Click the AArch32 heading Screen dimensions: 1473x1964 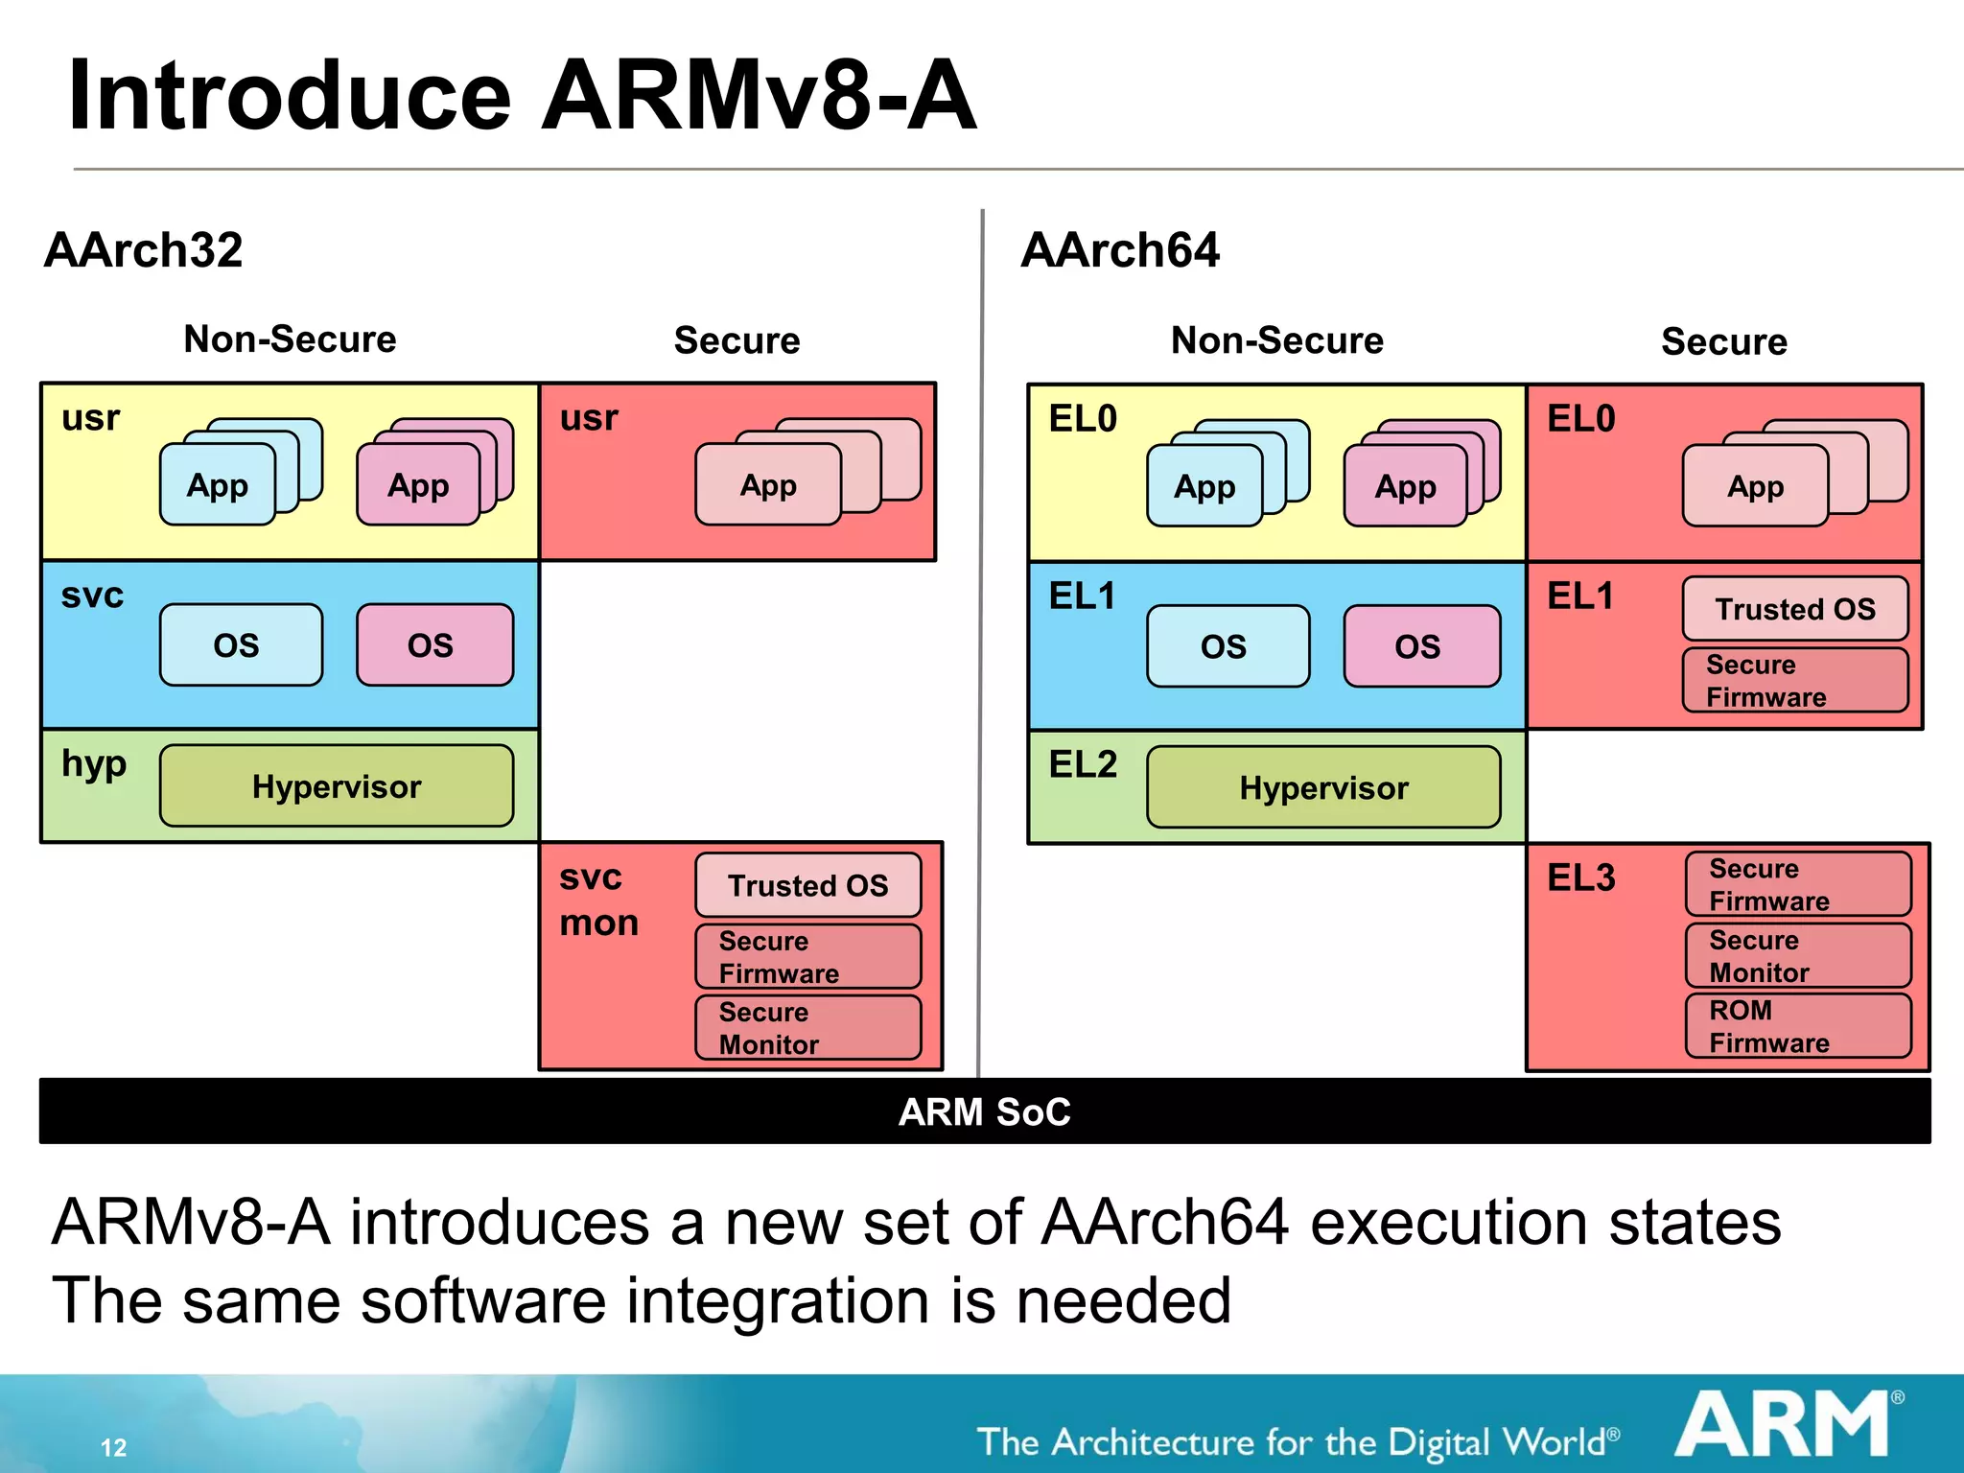[x=144, y=251]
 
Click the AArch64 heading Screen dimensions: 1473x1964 [x=1120, y=251]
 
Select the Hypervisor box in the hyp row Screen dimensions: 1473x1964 [x=337, y=786]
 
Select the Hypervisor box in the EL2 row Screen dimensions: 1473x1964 [x=1323, y=788]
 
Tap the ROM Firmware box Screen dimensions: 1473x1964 [x=1798, y=1026]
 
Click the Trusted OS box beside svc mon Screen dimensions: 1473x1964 [x=807, y=885]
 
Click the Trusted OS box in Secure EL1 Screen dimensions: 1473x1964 [x=1795, y=609]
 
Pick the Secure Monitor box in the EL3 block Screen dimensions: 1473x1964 [x=1798, y=956]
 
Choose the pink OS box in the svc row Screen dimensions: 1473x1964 [x=434, y=645]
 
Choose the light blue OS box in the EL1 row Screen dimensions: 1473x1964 [x=1227, y=646]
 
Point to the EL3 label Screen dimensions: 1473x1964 [x=1581, y=878]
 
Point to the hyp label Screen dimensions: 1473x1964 [x=94, y=764]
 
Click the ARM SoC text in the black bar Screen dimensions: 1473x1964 [x=984, y=1112]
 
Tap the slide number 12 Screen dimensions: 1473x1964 [x=113, y=1447]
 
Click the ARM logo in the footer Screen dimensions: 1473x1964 [x=1787, y=1425]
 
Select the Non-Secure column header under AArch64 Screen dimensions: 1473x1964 [x=1276, y=340]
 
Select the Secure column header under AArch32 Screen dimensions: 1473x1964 [x=736, y=340]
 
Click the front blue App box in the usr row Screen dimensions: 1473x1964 [x=218, y=485]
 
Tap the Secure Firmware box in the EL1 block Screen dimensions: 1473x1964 [x=1795, y=681]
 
